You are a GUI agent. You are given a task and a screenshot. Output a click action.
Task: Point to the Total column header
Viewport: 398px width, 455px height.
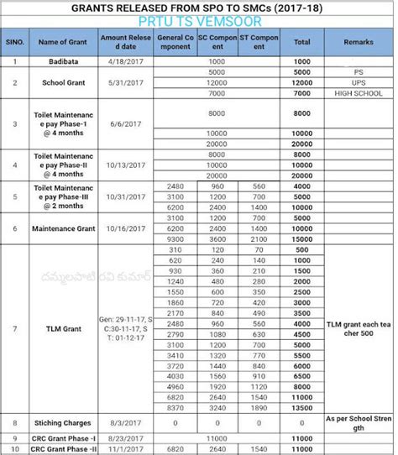click(x=303, y=41)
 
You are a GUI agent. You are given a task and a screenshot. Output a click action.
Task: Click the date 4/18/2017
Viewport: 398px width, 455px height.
click(x=123, y=61)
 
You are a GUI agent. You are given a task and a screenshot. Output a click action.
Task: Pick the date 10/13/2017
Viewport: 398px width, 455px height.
click(x=123, y=166)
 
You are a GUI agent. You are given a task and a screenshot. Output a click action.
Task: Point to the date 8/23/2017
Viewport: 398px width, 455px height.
click(x=123, y=437)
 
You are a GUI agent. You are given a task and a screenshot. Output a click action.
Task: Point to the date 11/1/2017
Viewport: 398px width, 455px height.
click(x=123, y=449)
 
